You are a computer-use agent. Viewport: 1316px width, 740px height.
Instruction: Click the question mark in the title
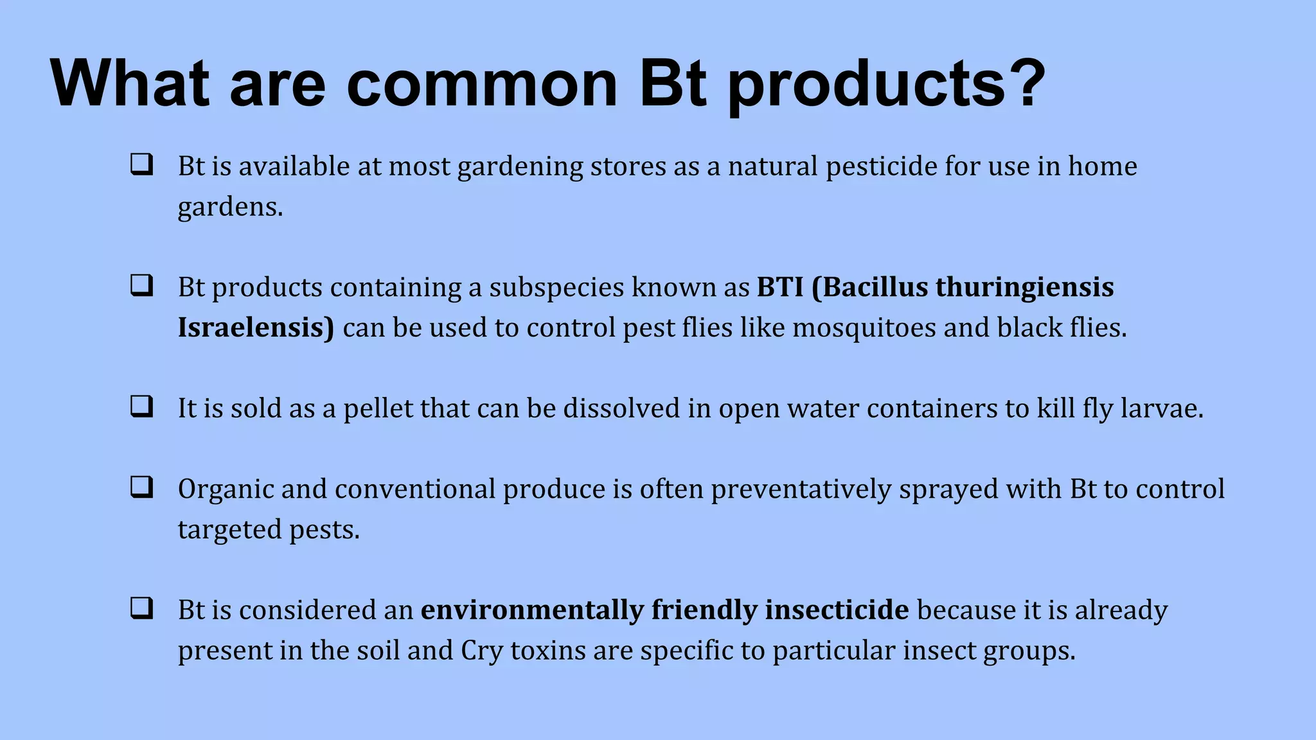click(x=1022, y=84)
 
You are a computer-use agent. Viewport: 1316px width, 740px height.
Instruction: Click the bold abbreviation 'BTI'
click(x=779, y=287)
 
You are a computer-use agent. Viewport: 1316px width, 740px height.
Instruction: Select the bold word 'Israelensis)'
click(x=256, y=328)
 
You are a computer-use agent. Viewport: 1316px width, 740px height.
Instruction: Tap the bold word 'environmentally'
click(x=532, y=610)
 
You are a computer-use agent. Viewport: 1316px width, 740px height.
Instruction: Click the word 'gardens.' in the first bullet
click(x=230, y=207)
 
